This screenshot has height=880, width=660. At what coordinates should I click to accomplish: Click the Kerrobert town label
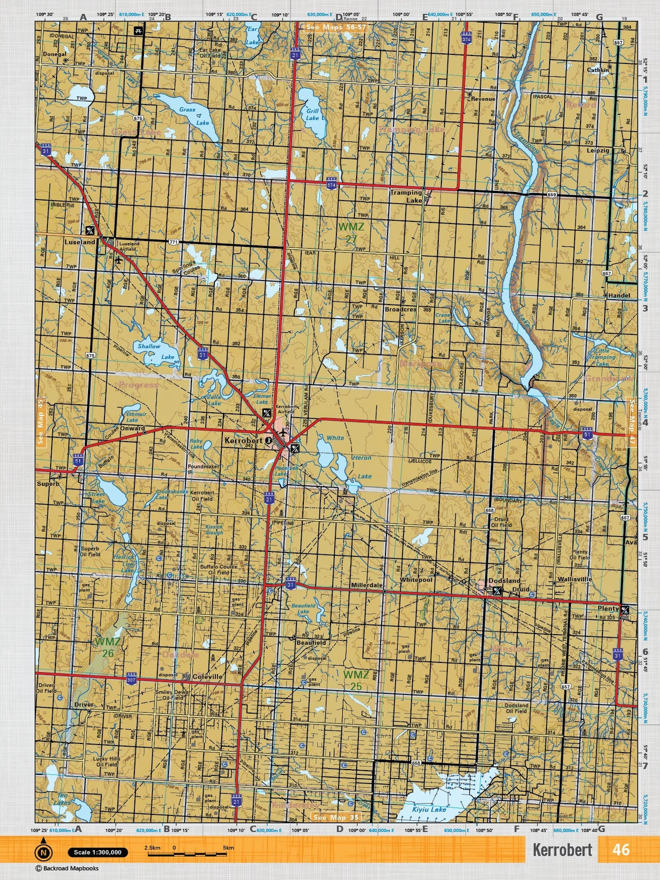243,441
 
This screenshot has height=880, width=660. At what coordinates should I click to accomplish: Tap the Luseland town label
79,242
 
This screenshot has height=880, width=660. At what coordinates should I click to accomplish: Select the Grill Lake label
312,114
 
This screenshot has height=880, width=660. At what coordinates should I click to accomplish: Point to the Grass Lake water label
194,116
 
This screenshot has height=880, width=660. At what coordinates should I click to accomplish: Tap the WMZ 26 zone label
108,647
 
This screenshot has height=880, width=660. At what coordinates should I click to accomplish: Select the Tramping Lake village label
406,196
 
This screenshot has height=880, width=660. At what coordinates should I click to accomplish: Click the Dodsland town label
504,581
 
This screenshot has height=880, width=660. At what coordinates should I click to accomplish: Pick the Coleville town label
208,677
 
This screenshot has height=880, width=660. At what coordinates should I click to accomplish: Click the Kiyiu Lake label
429,809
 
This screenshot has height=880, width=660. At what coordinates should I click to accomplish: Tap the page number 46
620,850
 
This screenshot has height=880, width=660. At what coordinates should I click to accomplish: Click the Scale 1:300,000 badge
98,852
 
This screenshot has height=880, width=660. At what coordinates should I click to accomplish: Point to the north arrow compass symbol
43,851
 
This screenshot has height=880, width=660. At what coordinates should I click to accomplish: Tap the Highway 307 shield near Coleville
131,680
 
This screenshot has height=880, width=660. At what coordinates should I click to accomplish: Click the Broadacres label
400,309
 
